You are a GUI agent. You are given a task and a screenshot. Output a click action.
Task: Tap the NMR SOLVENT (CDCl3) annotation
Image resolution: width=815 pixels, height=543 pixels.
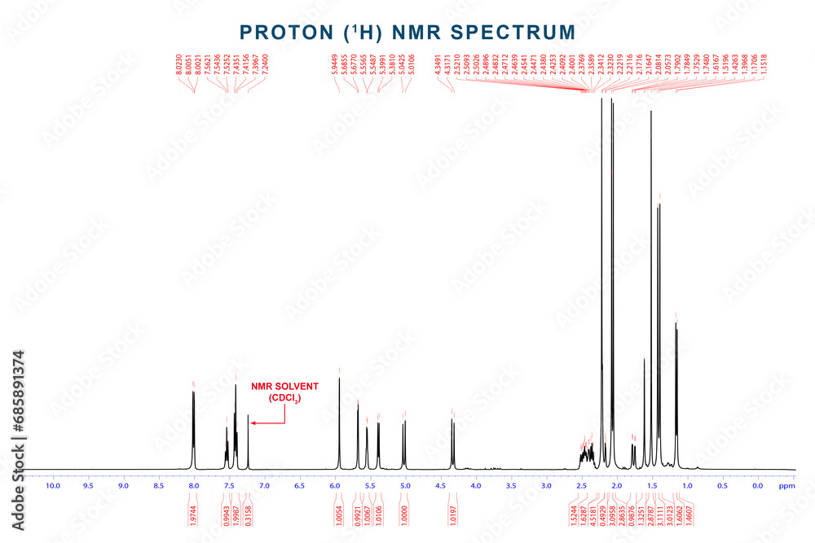click(x=284, y=391)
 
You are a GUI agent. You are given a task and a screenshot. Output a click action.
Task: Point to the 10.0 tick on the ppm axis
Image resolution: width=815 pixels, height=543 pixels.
click(x=53, y=486)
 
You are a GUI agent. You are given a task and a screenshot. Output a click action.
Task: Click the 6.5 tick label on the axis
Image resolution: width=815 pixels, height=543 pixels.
click(x=299, y=486)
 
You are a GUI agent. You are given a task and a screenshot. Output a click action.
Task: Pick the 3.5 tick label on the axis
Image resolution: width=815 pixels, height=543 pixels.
click(x=510, y=486)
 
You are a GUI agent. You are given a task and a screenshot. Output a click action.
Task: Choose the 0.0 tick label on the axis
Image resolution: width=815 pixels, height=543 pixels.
click(x=756, y=486)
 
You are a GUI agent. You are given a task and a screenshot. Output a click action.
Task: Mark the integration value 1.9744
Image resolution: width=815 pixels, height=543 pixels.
click(x=193, y=518)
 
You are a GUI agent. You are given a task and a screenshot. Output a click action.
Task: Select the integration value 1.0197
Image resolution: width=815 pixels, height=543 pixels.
click(x=452, y=518)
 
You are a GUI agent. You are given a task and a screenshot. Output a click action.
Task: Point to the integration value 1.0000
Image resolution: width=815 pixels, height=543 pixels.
click(x=404, y=518)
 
